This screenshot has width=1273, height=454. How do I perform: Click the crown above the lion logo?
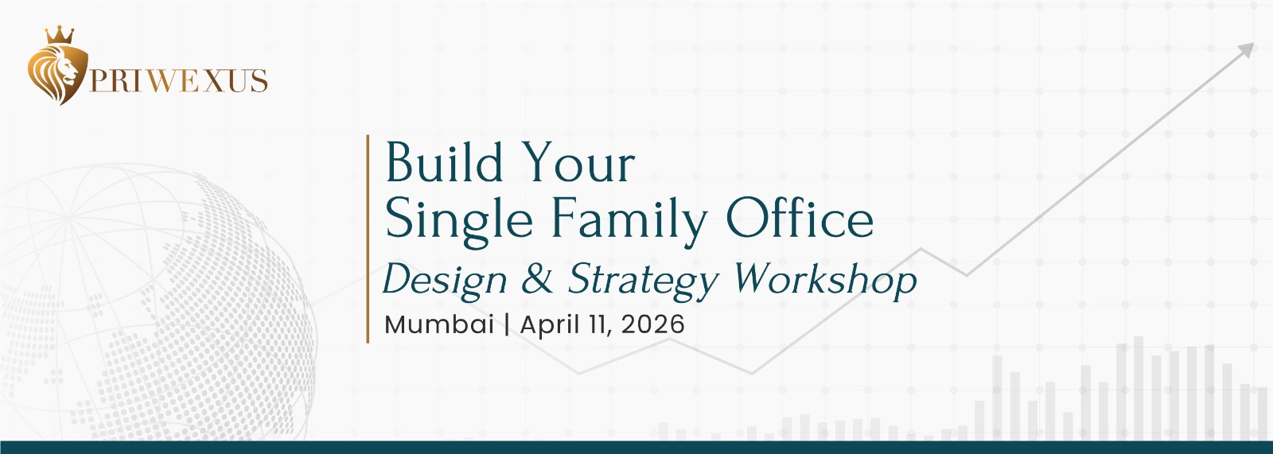click(x=60, y=35)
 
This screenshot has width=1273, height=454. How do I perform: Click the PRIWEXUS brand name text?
click(x=178, y=80)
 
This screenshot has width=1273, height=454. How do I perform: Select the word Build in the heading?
click(x=445, y=163)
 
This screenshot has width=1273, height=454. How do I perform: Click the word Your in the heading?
click(x=578, y=163)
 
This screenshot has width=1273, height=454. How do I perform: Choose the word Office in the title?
click(x=800, y=218)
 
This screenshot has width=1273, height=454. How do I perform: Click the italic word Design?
click(x=445, y=281)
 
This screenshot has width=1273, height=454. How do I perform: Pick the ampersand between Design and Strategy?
click(x=536, y=278)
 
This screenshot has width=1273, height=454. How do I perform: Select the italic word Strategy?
click(x=644, y=281)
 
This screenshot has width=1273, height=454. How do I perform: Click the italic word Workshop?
click(x=825, y=280)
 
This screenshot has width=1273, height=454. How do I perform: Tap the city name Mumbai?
click(x=439, y=324)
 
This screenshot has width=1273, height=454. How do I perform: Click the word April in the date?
click(x=551, y=325)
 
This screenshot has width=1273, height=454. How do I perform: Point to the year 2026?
click(x=653, y=324)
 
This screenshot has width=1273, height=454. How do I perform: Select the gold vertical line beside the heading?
click(x=368, y=239)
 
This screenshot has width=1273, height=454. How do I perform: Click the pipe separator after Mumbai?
click(x=507, y=325)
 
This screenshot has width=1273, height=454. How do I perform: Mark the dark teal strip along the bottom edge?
click(x=636, y=447)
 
